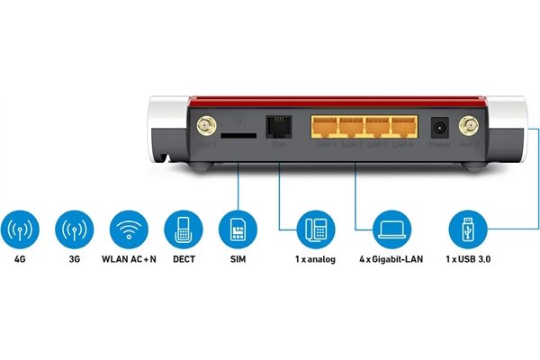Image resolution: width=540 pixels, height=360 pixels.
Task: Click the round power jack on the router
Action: click(x=441, y=127)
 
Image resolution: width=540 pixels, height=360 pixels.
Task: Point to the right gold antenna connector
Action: click(x=469, y=127)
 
